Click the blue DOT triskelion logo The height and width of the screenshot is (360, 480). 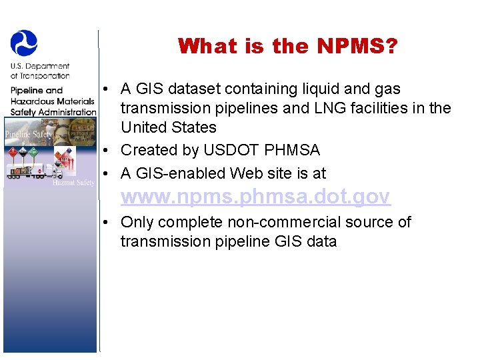coord(24,42)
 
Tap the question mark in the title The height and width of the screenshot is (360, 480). coord(393,46)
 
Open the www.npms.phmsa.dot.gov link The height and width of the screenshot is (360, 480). coord(255,197)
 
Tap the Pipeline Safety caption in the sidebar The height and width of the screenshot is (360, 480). coord(28,135)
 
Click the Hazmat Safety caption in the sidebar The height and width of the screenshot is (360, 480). coord(74,182)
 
